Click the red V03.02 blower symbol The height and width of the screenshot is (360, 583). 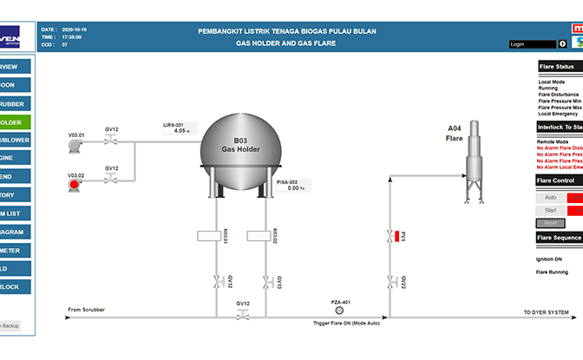75,183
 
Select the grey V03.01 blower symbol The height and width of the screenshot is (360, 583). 75,147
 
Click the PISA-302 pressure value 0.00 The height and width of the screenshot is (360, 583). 293,187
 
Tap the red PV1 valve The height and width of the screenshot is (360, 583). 390,236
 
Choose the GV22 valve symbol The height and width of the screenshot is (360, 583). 390,282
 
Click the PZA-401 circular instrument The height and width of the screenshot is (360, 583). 339,310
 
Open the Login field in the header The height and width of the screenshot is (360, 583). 533,43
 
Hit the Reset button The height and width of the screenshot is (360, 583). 550,223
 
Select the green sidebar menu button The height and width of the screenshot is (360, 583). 15,122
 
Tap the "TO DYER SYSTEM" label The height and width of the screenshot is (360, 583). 547,312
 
